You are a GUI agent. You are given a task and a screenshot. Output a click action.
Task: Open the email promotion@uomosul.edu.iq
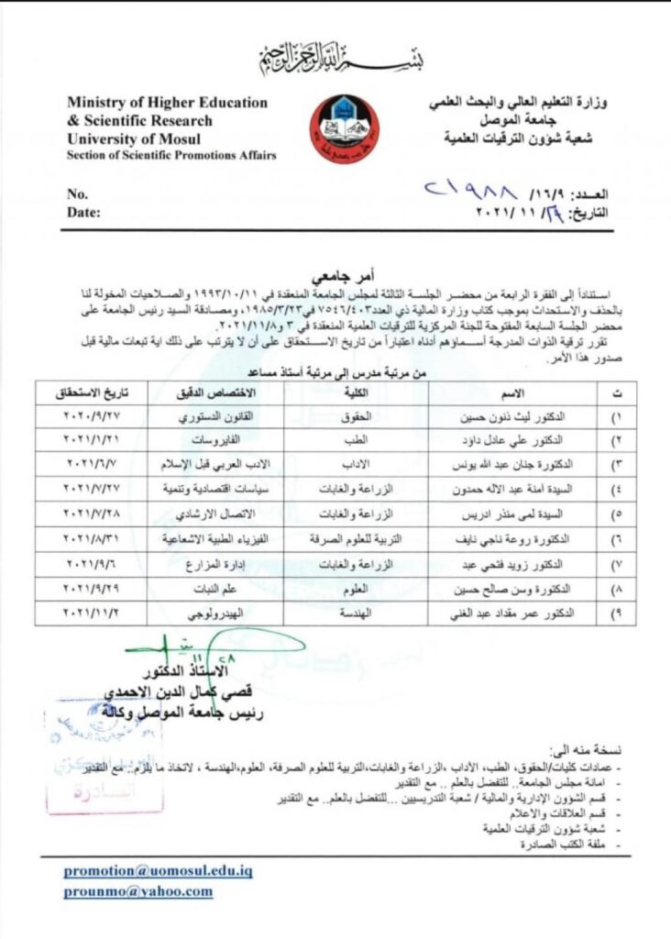pos(158,870)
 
